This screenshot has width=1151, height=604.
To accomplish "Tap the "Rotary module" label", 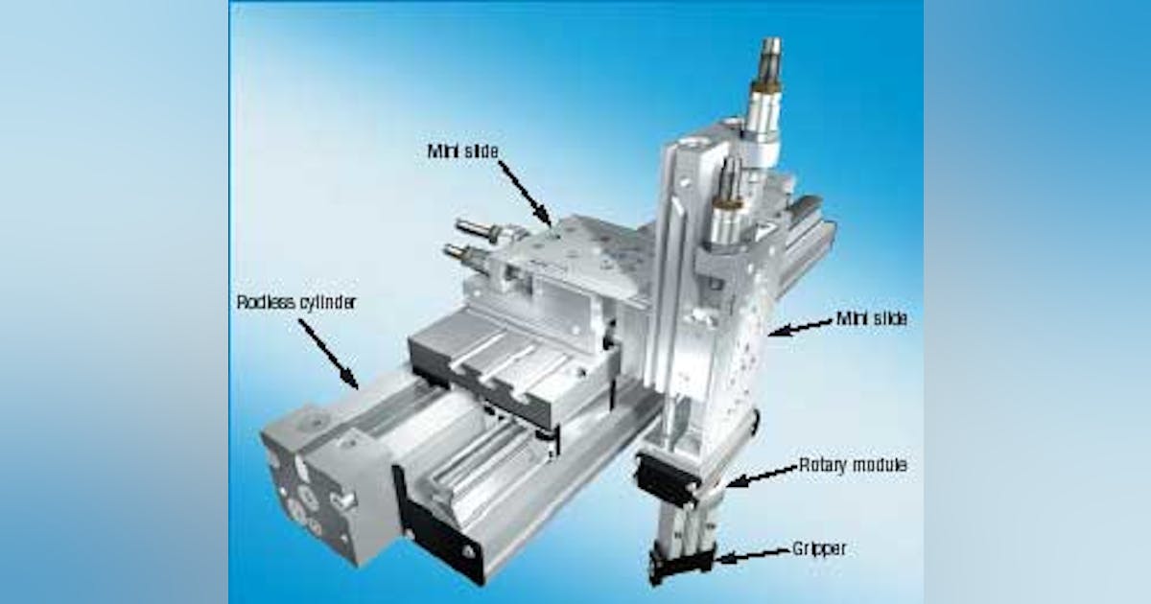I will [x=853, y=467].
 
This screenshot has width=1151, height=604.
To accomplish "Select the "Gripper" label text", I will [x=818, y=549].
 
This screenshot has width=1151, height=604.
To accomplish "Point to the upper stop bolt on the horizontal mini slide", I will [x=477, y=229].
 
